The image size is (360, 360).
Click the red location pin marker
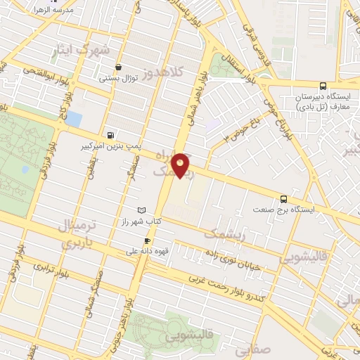point(181,164)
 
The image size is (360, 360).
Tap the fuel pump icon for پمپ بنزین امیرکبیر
point(110,135)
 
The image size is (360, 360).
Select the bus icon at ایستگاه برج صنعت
point(283,199)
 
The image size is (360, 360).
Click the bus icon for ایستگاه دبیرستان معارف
point(323,84)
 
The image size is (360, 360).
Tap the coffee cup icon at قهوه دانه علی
point(147,239)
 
